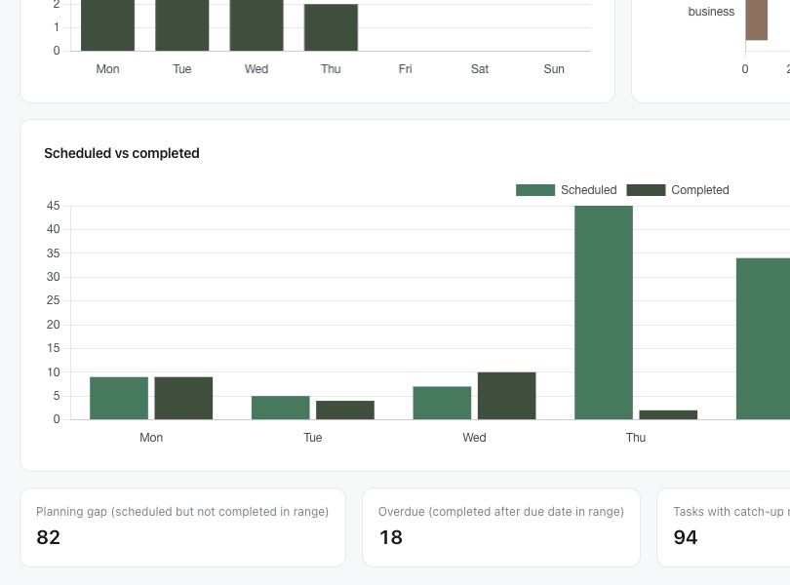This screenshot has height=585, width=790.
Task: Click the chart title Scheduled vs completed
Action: coord(122,153)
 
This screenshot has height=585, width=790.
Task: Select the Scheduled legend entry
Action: coord(567,190)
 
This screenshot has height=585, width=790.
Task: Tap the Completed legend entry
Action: coord(678,190)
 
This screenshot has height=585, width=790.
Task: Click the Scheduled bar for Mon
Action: coord(119,398)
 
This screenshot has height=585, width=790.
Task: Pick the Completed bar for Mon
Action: coord(183,398)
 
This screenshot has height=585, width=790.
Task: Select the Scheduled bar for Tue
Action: coord(281,408)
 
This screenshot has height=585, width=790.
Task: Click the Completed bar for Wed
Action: coord(506,396)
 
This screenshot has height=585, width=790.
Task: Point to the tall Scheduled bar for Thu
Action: coord(604,312)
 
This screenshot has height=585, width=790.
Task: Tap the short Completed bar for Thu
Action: coord(668,414)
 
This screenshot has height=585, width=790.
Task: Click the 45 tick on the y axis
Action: coord(53,206)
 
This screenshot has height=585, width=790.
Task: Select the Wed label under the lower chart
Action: coord(474,438)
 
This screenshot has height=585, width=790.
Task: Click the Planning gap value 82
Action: coord(49,537)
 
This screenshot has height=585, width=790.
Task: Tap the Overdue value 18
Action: coord(390,537)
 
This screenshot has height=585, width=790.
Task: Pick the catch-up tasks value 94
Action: coord(686,537)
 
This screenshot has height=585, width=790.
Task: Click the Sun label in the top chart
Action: coord(554,69)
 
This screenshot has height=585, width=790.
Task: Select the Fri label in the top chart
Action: coord(405,69)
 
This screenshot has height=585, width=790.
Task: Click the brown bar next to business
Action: coord(757,19)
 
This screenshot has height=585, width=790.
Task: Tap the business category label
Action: coord(711,12)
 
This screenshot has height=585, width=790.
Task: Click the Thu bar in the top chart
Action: coord(331,27)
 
